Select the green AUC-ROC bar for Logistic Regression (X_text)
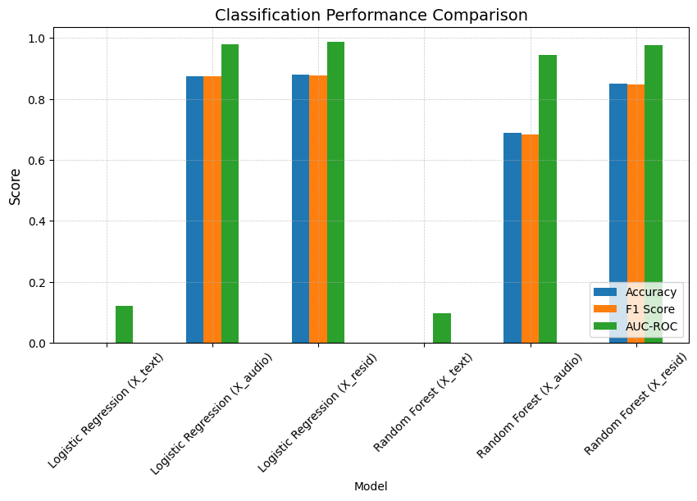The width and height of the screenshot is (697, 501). [x=124, y=325]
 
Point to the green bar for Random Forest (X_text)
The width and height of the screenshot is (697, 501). [x=441, y=328]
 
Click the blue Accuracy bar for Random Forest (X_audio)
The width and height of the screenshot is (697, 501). [x=512, y=238]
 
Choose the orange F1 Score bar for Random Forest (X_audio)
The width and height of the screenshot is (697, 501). [x=530, y=239]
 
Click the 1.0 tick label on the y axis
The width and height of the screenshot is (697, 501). [x=37, y=39]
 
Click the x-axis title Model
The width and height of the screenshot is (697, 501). [x=371, y=486]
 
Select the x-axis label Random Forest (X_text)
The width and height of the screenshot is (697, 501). [x=424, y=402]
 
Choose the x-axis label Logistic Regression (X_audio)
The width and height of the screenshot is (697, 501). [x=212, y=413]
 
